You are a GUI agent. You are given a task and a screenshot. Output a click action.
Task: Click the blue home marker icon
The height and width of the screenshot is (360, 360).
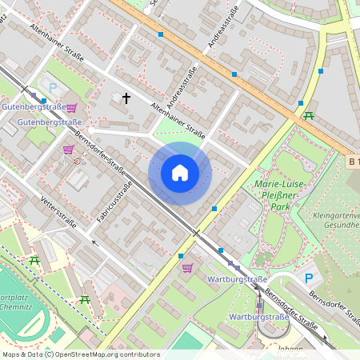point(180,173)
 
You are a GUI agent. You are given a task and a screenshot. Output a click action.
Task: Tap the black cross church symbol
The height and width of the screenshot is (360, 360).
point(126,98)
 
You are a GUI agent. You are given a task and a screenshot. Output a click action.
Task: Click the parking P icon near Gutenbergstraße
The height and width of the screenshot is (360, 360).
point(53,88)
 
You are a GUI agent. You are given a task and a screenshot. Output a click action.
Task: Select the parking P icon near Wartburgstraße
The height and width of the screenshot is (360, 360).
point(309,278)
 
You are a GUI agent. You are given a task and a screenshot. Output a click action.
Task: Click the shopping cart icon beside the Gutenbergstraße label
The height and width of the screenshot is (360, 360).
point(72,107)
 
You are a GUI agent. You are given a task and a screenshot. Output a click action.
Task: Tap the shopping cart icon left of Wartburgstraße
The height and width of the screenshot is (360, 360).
point(187,268)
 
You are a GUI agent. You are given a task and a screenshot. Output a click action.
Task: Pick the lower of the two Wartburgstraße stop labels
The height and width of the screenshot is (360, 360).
point(258,318)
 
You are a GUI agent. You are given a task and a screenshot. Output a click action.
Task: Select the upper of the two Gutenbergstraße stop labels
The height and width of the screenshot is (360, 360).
point(33,106)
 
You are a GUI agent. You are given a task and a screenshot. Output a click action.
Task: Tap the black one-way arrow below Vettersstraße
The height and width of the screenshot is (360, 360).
point(95,239)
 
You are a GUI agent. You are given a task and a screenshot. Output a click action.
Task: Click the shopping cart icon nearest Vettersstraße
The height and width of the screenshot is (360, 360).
point(69,150)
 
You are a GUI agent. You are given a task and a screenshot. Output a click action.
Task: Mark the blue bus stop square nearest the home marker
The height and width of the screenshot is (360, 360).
point(214,208)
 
